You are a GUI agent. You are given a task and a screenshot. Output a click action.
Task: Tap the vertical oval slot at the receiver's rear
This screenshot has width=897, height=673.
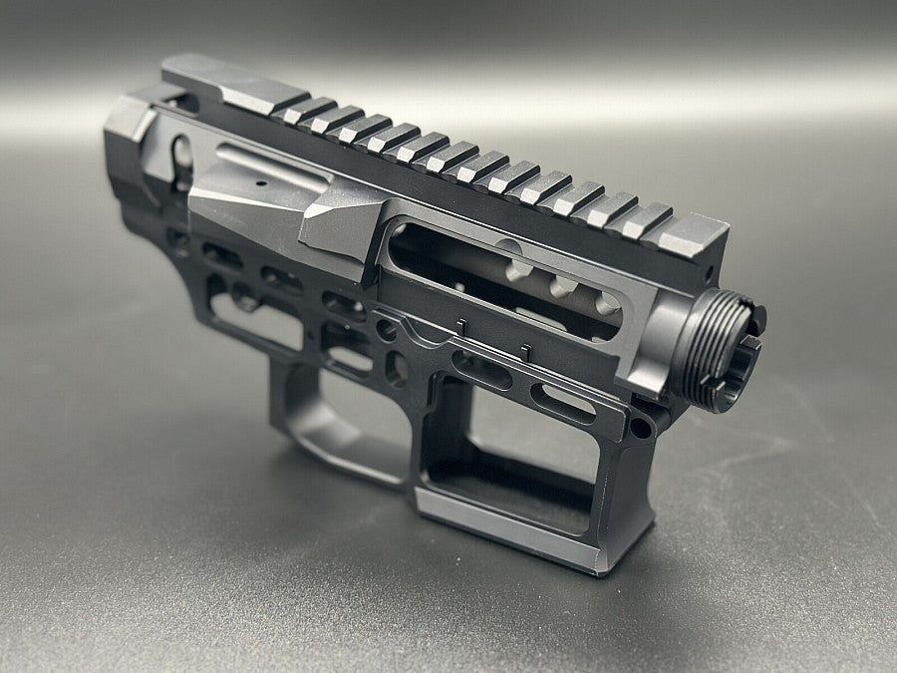click(182, 160)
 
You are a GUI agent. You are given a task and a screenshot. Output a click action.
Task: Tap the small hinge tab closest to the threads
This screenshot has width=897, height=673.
click(524, 352)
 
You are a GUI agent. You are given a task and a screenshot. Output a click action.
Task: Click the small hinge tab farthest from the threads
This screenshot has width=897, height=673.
click(461, 326)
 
